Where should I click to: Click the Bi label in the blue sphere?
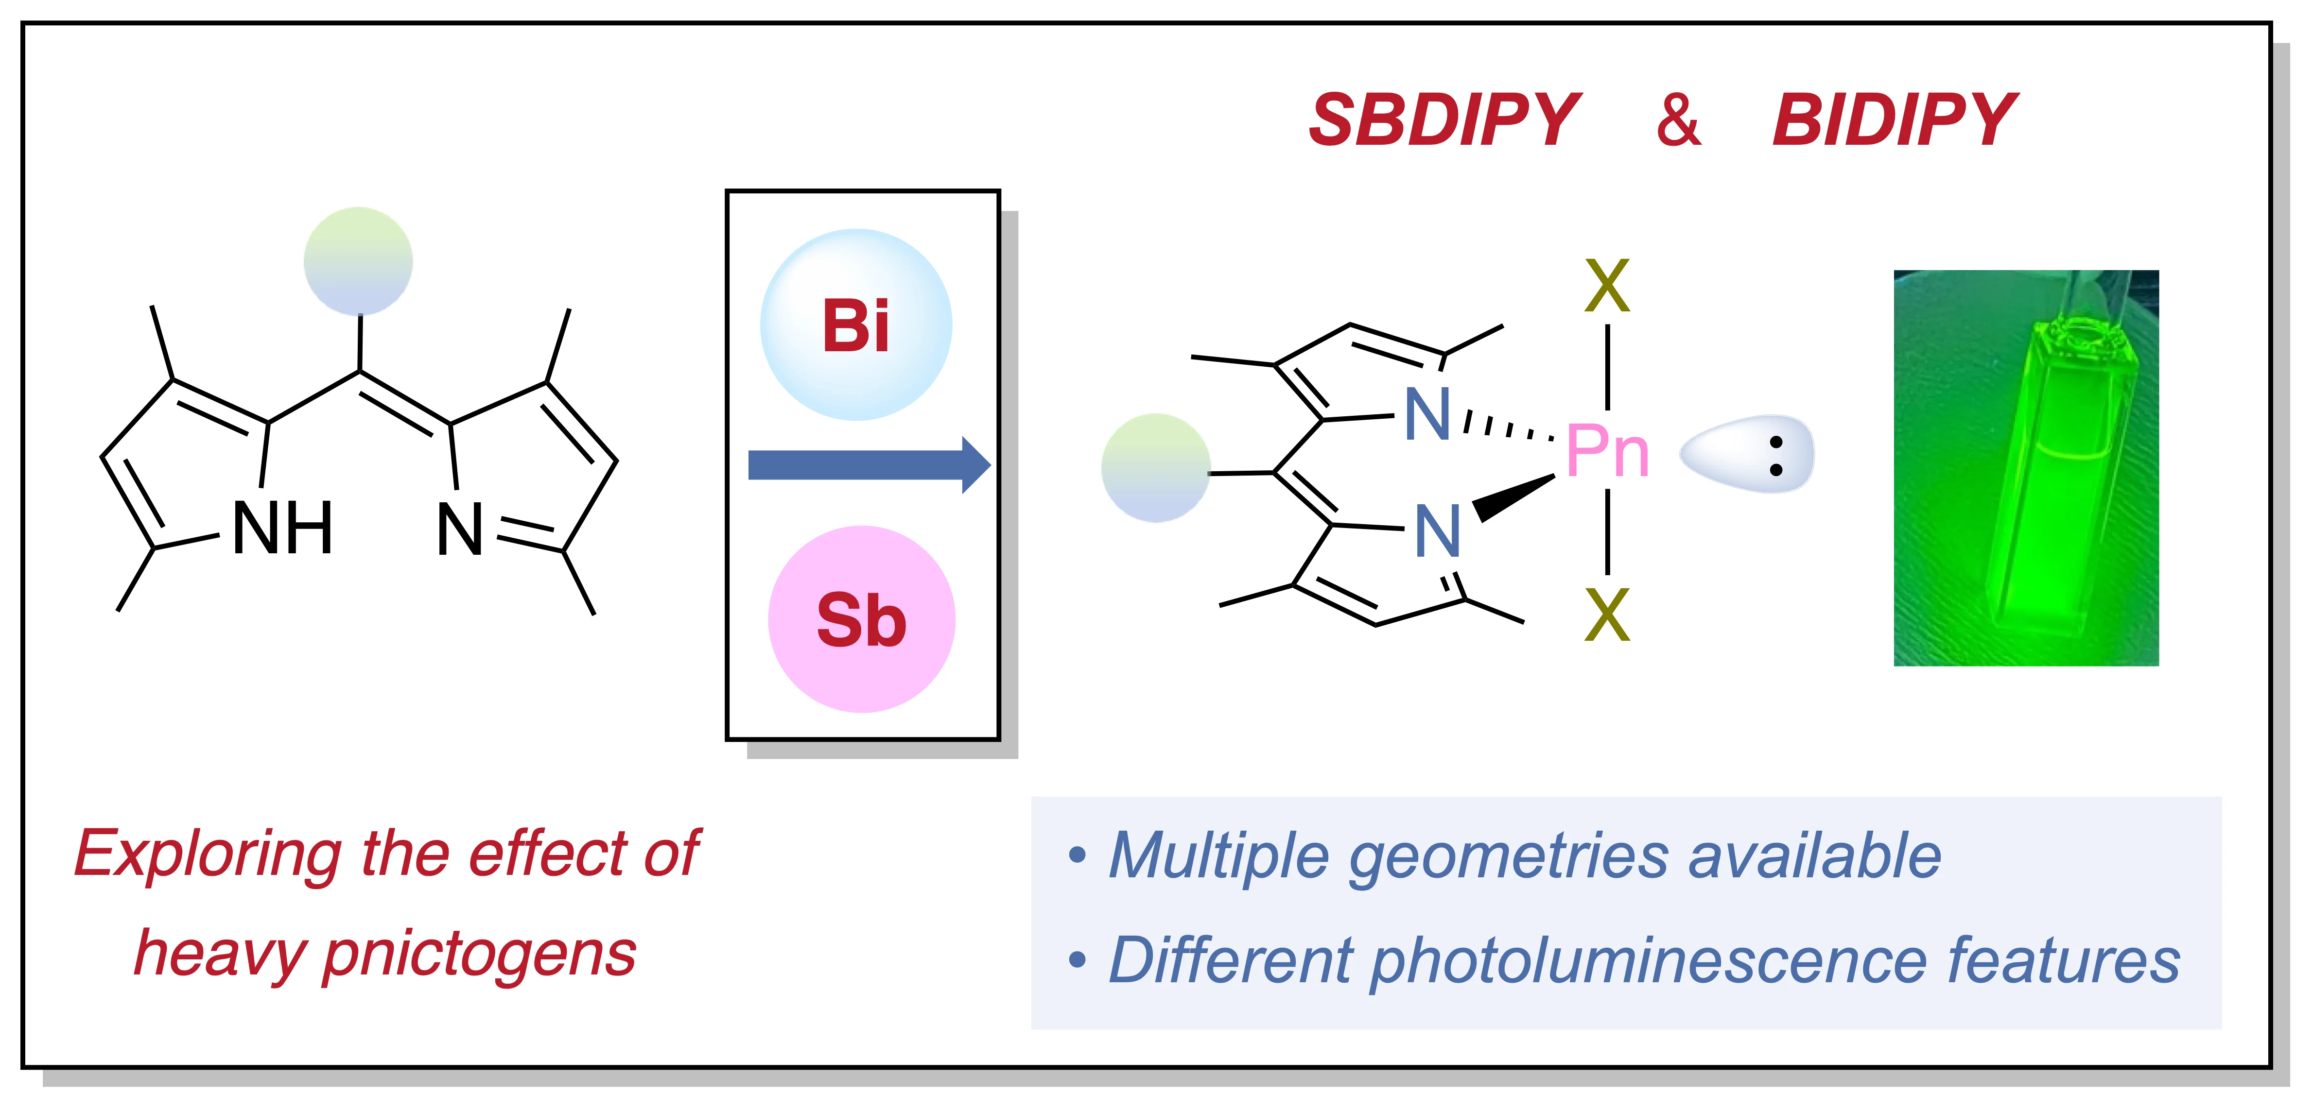tap(856, 326)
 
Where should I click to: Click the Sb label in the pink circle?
tap(861, 621)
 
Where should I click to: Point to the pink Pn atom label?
tap(1607, 452)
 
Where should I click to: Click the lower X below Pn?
tap(1607, 615)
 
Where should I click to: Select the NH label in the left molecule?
tap(283, 529)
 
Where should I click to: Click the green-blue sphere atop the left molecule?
tap(358, 261)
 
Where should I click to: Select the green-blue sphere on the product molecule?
tap(1156, 467)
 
